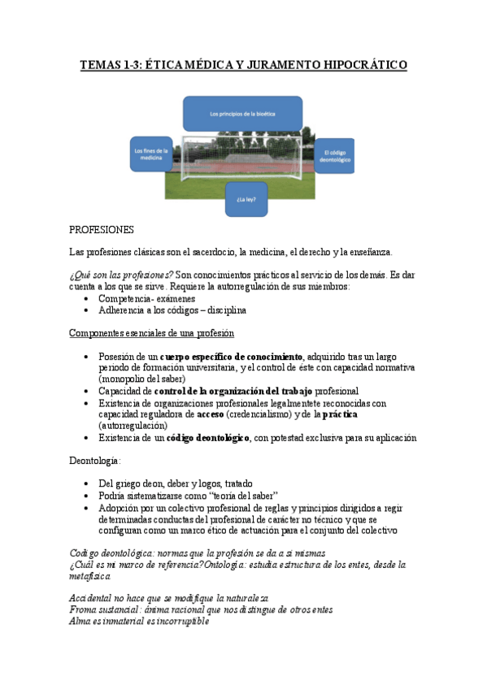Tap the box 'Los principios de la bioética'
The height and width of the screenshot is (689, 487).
click(243, 113)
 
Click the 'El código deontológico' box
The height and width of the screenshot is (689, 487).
click(336, 157)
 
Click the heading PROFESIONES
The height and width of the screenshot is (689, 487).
click(102, 230)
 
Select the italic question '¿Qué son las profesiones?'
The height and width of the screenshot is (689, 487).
click(121, 275)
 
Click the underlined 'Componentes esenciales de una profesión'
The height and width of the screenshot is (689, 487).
click(152, 332)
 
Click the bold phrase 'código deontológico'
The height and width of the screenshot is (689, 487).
click(207, 437)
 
